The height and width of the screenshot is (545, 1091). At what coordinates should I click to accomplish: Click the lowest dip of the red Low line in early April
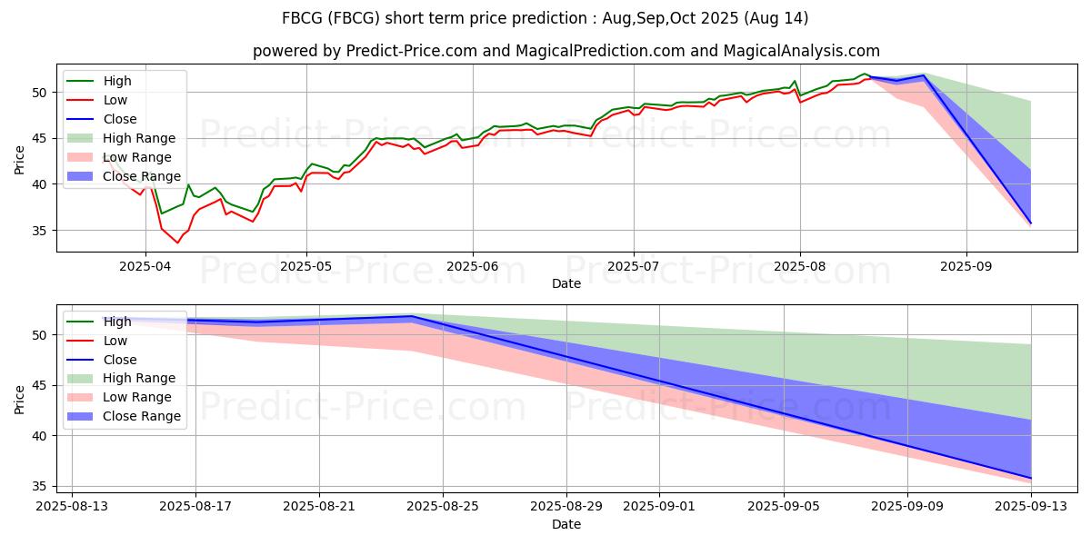click(x=178, y=243)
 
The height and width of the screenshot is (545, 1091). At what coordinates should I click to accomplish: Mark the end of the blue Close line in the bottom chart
click(x=1031, y=478)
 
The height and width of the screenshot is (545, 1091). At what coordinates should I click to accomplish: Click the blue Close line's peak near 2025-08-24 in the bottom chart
click(x=413, y=316)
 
